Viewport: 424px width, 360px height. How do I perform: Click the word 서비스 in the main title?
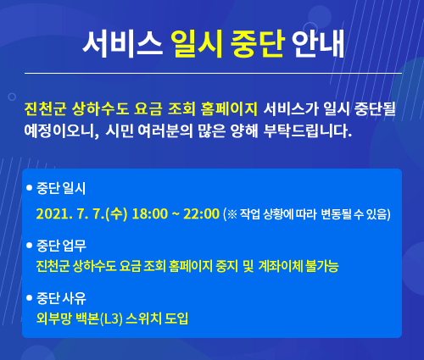click(x=122, y=44)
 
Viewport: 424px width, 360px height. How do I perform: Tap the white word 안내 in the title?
click(x=318, y=44)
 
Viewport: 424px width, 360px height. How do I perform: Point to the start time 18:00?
click(x=150, y=213)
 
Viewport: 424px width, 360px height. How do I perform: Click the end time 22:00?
click(x=201, y=213)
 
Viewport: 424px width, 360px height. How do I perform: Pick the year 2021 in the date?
click(x=53, y=213)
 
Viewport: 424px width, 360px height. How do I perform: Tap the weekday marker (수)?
click(x=116, y=213)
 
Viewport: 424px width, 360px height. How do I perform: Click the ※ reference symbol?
click(x=232, y=214)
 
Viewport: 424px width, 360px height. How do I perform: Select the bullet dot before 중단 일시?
click(x=29, y=188)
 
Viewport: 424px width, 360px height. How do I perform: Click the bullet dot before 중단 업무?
click(x=29, y=245)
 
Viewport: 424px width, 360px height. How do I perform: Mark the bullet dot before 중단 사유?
click(x=29, y=298)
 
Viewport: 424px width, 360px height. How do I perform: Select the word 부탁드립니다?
click(x=308, y=131)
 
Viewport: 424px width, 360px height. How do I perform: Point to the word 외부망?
click(x=53, y=318)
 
